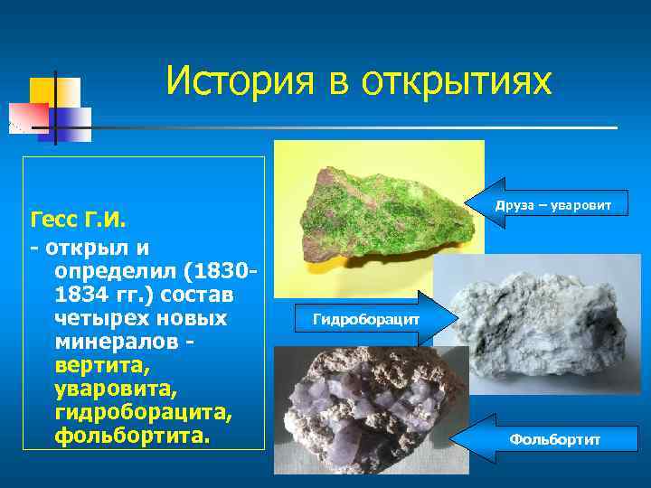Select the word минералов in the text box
tap(115, 343)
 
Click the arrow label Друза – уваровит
tap(552, 206)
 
